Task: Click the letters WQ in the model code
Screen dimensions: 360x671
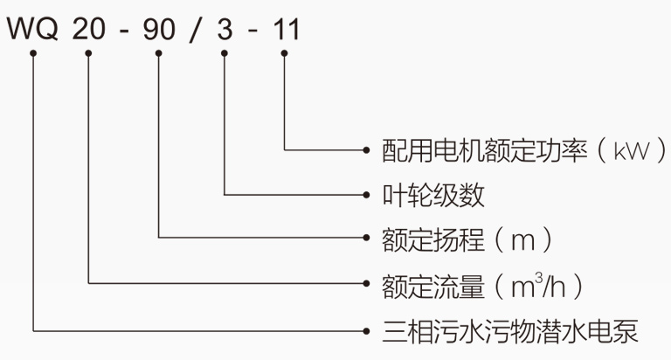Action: [33, 30]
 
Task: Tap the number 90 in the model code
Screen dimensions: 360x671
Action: [159, 30]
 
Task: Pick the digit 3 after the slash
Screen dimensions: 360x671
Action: [225, 30]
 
